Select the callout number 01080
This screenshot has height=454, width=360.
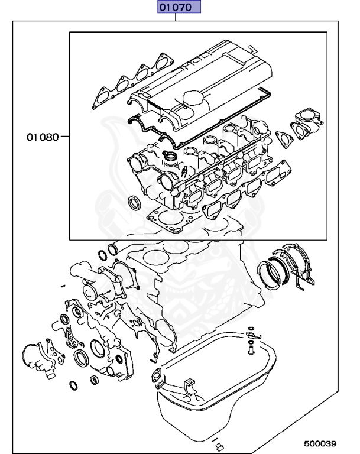(42, 137)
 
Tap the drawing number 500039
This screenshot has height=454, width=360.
(320, 443)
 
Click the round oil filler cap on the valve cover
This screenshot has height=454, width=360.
(192, 98)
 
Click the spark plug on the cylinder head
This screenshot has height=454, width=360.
(185, 172)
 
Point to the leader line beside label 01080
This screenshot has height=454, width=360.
(65, 137)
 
